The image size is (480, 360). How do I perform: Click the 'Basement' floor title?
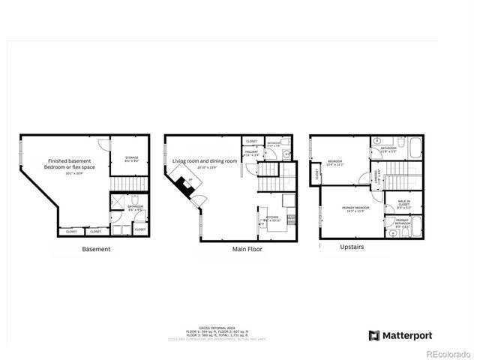[x=96, y=249]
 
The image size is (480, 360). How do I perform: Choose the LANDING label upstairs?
[x=376, y=178]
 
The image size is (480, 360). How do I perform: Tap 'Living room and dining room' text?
[x=205, y=161]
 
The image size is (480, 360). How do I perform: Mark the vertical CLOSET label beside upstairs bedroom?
[x=317, y=174]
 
